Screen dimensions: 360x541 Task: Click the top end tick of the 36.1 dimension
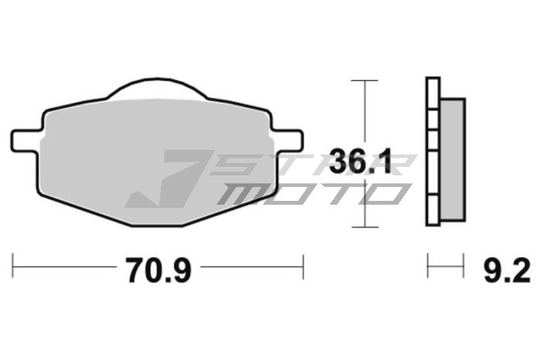point(364,80)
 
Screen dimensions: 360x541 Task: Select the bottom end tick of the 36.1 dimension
point(364,226)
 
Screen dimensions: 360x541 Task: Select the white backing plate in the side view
point(432,155)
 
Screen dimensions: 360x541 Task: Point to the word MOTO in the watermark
point(309,193)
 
